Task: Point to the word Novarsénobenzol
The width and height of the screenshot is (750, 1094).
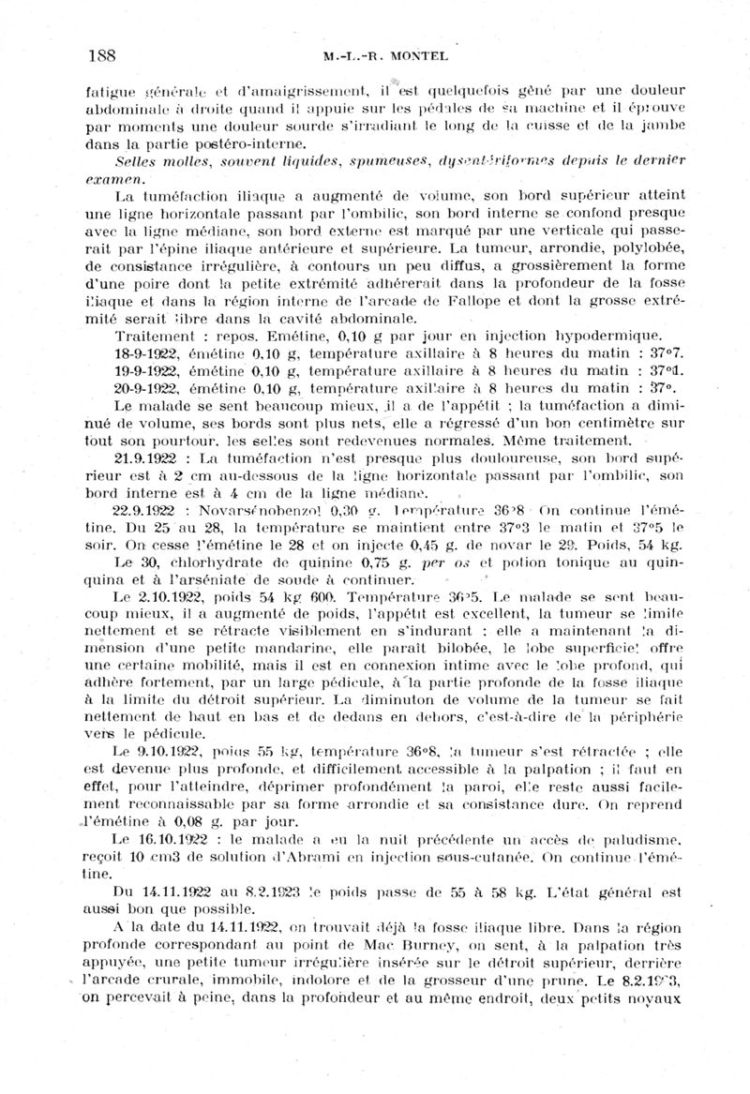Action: [258, 511]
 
